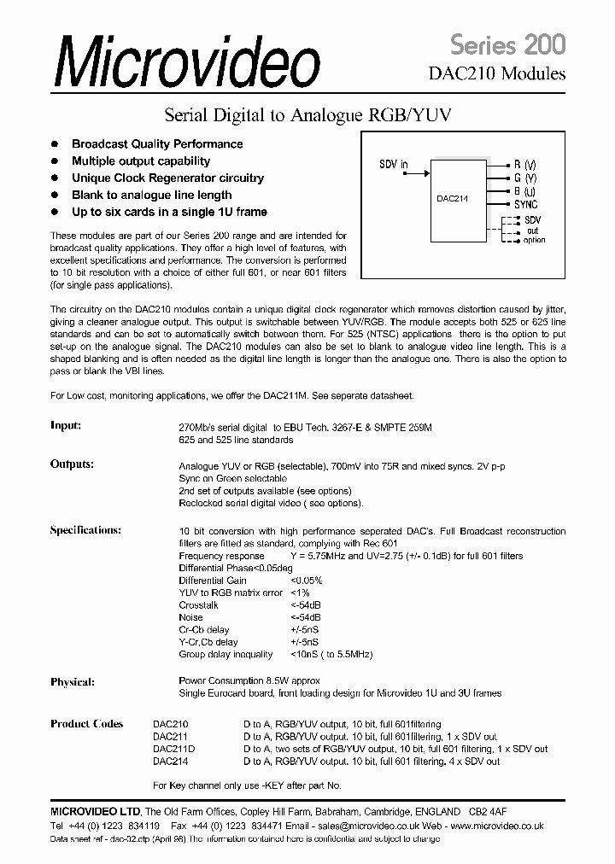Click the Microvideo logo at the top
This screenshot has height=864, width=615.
click(x=189, y=62)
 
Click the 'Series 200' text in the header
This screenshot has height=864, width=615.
click(x=507, y=44)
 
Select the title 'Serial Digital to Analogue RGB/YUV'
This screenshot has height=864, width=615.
click(x=307, y=114)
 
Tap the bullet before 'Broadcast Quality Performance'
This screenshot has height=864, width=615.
click(x=56, y=144)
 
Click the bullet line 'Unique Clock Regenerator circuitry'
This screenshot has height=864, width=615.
click(x=167, y=178)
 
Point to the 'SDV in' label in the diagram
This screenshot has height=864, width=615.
click(x=394, y=165)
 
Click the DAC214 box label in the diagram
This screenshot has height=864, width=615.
click(x=451, y=197)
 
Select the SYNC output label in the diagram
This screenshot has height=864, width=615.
click(x=526, y=205)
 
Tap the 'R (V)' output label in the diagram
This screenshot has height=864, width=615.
click(x=524, y=165)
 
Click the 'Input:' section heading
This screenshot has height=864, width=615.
click(x=66, y=425)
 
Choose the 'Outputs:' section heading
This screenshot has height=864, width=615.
click(x=72, y=464)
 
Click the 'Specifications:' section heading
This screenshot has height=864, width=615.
click(x=85, y=530)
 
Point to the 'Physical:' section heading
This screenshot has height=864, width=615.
click(x=73, y=682)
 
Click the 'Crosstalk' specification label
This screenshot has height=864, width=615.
click(x=198, y=605)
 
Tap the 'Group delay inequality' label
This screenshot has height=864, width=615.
click(x=225, y=655)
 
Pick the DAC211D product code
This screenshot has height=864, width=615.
click(x=173, y=749)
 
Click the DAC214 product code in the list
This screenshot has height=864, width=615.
click(x=170, y=761)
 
